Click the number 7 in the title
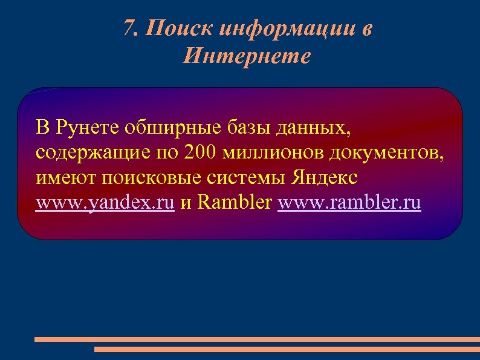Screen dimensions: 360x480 click(128, 28)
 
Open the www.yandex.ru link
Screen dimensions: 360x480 click(105, 203)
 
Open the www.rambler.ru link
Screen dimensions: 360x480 click(349, 203)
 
